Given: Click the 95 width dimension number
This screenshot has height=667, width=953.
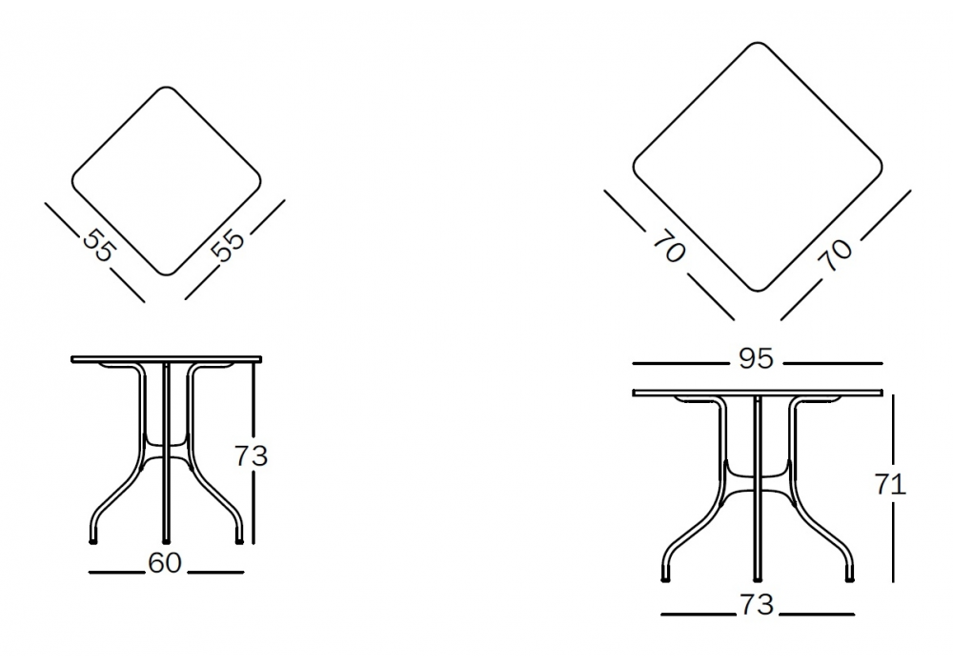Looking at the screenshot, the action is pyautogui.click(x=756, y=358).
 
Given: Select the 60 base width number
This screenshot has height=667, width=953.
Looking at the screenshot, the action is pyautogui.click(x=165, y=563).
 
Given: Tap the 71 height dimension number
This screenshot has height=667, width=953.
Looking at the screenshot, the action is pyautogui.click(x=890, y=484).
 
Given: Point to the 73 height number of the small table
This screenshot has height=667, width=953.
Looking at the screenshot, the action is pyautogui.click(x=251, y=455).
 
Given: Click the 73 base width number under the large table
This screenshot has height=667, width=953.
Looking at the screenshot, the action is pyautogui.click(x=757, y=604).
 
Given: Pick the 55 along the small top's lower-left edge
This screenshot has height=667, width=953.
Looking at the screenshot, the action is pyautogui.click(x=98, y=245).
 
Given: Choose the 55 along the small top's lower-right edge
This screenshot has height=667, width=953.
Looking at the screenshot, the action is pyautogui.click(x=230, y=245).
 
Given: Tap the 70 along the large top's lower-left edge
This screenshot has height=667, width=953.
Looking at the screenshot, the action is pyautogui.click(x=670, y=247).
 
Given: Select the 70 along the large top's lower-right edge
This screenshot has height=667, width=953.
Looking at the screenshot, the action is pyautogui.click(x=837, y=254).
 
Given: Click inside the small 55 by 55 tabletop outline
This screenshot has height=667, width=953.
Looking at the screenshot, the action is pyautogui.click(x=166, y=181).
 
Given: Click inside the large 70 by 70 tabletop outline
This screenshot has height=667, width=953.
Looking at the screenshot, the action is pyautogui.click(x=758, y=167).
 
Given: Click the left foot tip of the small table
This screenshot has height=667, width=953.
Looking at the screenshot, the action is pyautogui.click(x=93, y=541).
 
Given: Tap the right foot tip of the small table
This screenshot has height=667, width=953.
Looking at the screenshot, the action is pyautogui.click(x=239, y=541).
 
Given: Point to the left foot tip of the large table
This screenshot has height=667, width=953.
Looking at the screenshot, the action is pyautogui.click(x=665, y=580).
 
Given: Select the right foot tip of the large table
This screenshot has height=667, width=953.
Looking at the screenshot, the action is pyautogui.click(x=850, y=580).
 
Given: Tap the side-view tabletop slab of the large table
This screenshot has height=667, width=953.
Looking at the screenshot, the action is pyautogui.click(x=758, y=393).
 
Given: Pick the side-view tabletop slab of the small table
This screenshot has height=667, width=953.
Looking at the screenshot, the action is pyautogui.click(x=167, y=359).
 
